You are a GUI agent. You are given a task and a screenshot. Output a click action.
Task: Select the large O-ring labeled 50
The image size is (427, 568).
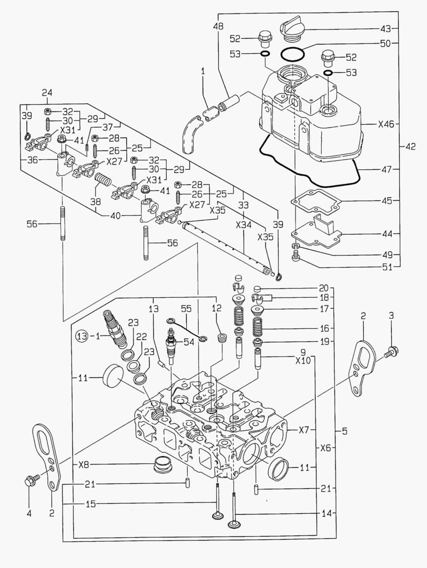(x=293, y=53)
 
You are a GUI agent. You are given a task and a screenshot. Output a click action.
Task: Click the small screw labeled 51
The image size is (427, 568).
(x=296, y=256)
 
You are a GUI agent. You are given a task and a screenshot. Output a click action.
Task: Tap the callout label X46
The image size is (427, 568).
(x=385, y=125)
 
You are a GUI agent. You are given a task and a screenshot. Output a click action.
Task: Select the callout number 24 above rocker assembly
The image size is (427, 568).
(x=48, y=94)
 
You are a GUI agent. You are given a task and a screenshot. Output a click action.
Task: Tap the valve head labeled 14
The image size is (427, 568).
(x=235, y=524)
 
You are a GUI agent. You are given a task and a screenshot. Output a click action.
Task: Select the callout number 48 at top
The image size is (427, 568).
(x=218, y=26)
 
